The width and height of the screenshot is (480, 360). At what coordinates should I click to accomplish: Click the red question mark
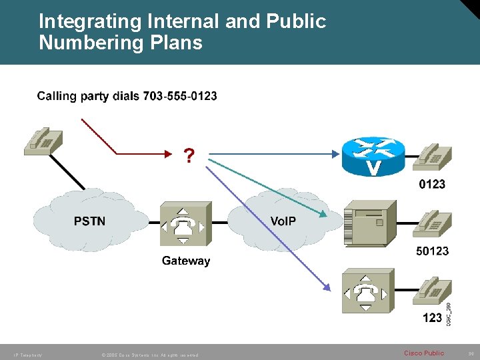coord(189,155)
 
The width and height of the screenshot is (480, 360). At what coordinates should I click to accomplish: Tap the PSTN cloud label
coord(89,221)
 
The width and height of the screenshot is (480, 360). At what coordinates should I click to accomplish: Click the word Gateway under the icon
coord(186,261)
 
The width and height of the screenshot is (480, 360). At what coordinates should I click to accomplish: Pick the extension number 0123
coord(432,183)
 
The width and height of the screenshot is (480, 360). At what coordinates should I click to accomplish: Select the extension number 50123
coord(432,251)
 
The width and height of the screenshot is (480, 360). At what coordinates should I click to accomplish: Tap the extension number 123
coord(432,317)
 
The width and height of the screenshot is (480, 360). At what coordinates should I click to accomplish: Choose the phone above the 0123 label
coord(431,155)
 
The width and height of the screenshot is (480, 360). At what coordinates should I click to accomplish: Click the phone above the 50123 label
coord(431,222)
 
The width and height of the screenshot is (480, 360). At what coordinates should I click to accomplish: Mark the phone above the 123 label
coord(431,289)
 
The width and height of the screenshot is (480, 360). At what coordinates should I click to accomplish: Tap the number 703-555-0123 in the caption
coord(179,96)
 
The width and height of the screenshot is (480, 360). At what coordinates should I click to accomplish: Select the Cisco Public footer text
coord(423,353)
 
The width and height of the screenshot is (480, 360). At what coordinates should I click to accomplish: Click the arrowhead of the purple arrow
coord(327,288)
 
